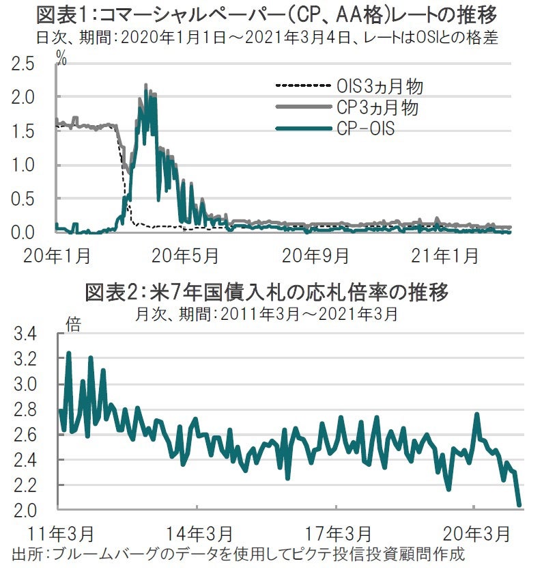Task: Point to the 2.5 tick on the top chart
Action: [23, 64]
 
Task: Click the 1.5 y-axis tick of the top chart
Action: [23, 131]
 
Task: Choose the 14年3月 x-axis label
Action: [197, 532]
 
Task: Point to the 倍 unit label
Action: [73, 323]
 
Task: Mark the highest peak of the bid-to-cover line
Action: [68, 353]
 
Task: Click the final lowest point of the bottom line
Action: [519, 506]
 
